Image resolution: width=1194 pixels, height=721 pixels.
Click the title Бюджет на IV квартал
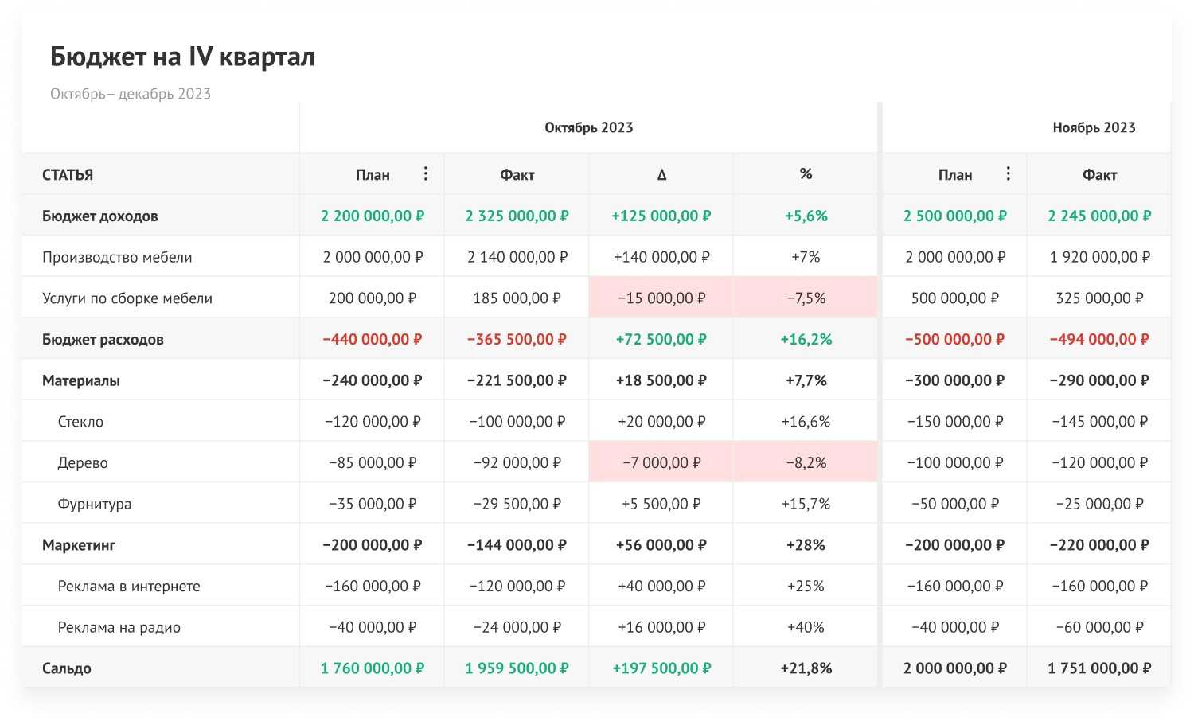tap(182, 57)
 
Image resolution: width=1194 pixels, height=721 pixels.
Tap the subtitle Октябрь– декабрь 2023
tap(131, 94)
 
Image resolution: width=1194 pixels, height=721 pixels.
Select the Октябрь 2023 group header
tap(588, 127)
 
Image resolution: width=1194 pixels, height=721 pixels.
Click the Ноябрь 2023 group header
tap(1094, 127)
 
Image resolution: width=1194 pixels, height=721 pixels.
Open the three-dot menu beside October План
tap(426, 173)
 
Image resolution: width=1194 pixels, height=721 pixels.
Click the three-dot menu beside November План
tap(1009, 173)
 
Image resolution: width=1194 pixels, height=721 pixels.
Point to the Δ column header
tap(661, 174)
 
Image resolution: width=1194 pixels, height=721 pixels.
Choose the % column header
tap(806, 173)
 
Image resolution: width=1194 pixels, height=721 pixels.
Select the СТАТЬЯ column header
tap(68, 175)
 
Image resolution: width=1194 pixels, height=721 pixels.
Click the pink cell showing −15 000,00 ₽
tap(661, 298)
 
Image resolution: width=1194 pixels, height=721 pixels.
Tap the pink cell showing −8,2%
tap(806, 462)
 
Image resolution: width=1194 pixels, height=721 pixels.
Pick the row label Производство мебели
tap(117, 257)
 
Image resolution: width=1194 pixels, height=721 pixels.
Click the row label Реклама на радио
tap(119, 627)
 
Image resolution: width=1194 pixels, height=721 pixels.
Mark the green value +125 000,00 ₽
tap(661, 216)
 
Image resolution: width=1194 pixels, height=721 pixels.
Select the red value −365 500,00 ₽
tap(517, 339)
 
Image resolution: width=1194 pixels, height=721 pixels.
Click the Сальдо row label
tap(67, 668)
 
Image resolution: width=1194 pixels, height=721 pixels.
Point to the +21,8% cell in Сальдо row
tap(806, 668)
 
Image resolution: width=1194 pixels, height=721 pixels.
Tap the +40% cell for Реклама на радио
tap(806, 627)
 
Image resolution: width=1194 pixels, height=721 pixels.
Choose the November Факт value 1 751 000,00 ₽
tap(1099, 668)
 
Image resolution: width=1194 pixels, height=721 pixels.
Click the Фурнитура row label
tap(94, 504)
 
